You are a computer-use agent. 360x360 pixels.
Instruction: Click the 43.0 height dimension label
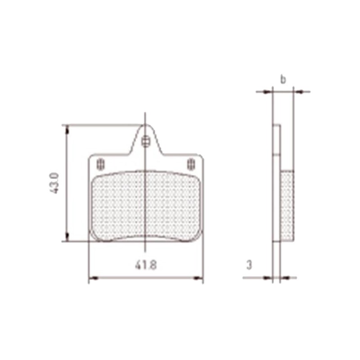(x=54, y=182)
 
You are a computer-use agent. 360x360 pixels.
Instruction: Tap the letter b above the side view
(x=283, y=80)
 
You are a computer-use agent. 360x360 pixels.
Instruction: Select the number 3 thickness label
(x=249, y=265)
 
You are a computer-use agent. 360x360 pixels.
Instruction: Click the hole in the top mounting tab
(x=145, y=142)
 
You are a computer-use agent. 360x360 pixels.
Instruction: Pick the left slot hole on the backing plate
(x=100, y=163)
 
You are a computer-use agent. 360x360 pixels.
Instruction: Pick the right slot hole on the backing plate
(x=190, y=163)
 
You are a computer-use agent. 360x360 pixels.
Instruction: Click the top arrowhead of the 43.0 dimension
(x=67, y=129)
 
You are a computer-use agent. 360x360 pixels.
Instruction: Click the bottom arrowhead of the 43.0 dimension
(x=67, y=237)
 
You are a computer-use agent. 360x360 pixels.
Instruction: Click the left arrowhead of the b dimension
(x=269, y=92)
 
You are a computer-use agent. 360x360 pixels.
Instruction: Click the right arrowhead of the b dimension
(x=298, y=92)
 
